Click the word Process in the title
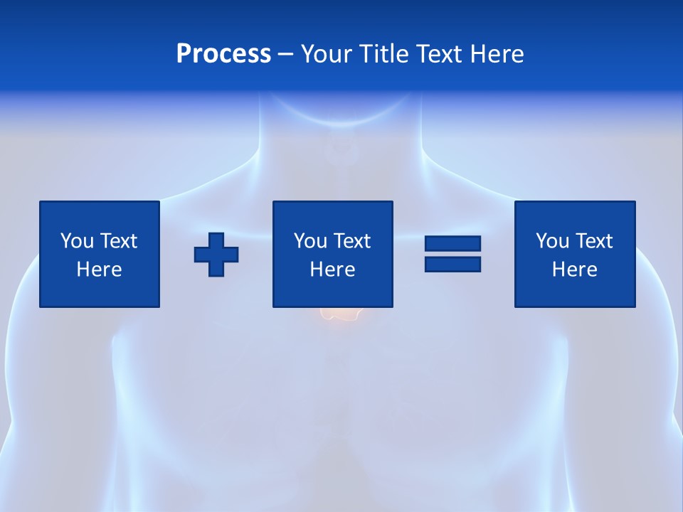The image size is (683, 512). point(223,54)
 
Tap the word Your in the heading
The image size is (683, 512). point(327,54)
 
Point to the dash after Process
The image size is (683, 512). point(285,54)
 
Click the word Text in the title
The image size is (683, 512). point(439,54)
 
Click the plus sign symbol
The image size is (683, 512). point(216,254)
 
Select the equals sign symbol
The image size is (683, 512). point(452,254)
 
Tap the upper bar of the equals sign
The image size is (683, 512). point(452,244)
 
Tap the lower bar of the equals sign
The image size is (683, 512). point(452,264)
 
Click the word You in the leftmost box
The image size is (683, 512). point(77,241)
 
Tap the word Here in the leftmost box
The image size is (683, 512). point(100,270)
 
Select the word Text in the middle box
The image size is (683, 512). point(351,241)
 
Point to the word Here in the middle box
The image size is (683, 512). point(333,270)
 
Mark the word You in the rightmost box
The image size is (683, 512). point(552,241)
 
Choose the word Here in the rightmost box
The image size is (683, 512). point(575,270)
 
